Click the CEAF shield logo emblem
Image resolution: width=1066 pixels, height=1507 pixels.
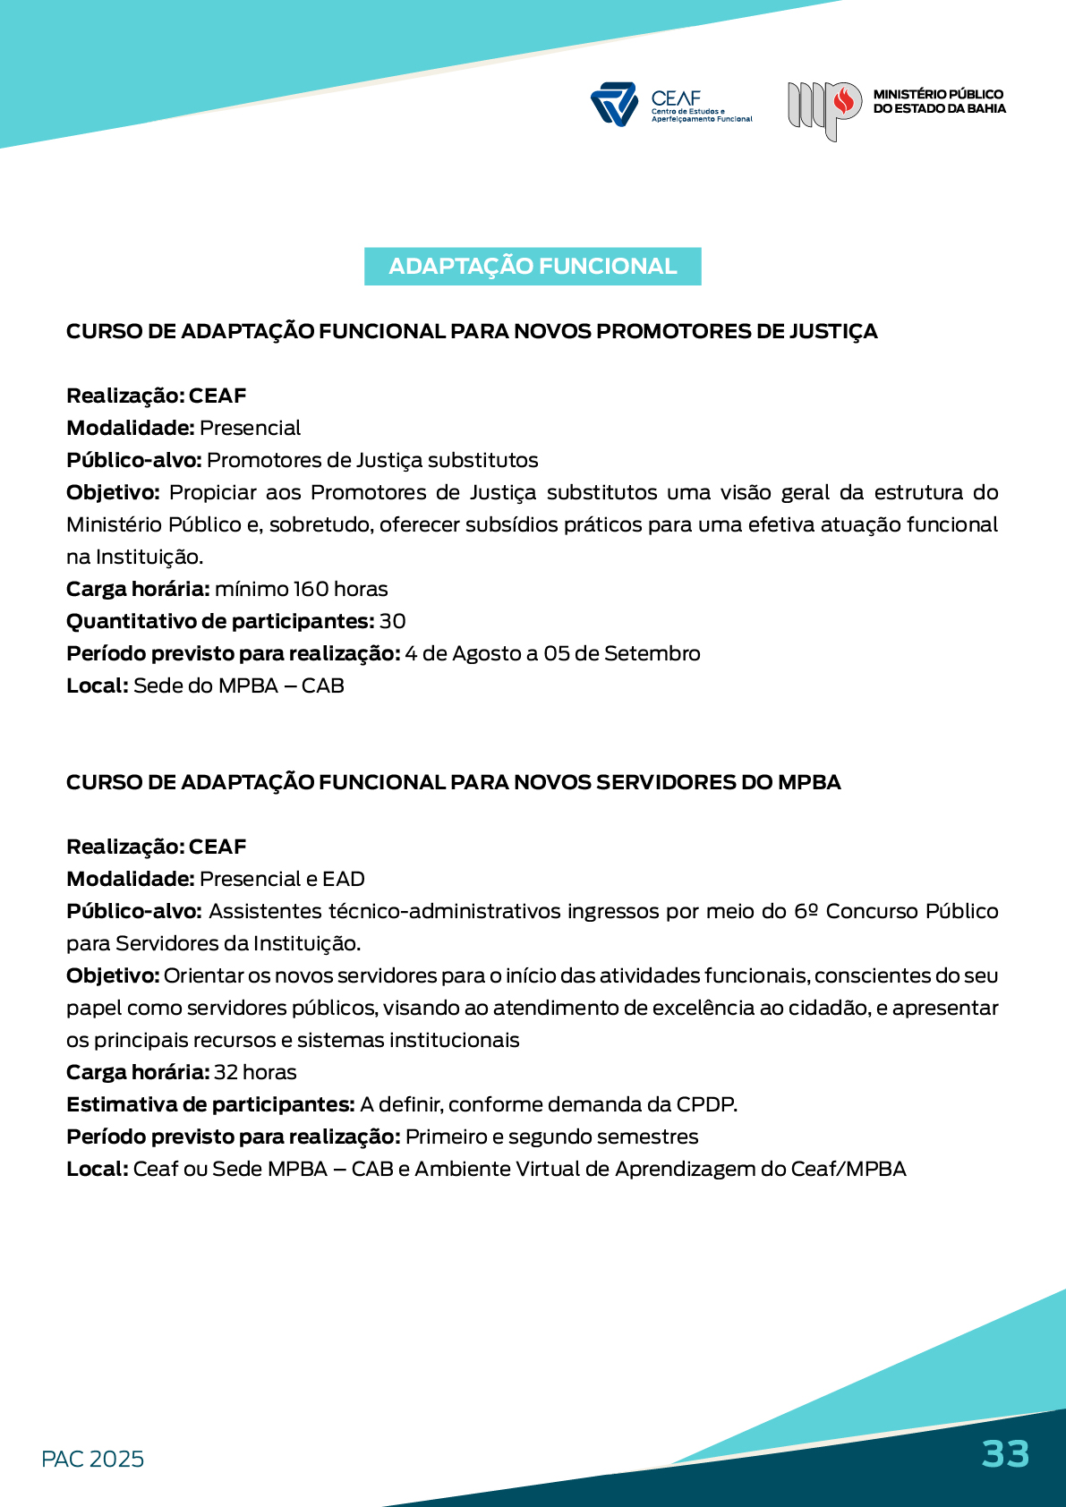[x=614, y=104]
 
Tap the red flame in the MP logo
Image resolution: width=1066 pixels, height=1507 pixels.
[x=843, y=102]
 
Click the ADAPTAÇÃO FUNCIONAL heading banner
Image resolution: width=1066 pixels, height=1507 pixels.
[x=533, y=267]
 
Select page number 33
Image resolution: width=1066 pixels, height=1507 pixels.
[x=1005, y=1454]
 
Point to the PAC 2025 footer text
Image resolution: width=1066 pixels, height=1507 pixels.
[x=92, y=1459]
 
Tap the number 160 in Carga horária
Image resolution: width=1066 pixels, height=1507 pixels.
[x=311, y=589]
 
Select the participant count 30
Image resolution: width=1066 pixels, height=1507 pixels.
[x=392, y=621]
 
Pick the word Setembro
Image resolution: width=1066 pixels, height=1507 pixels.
[x=652, y=654]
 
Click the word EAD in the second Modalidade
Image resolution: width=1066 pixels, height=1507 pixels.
[x=344, y=879]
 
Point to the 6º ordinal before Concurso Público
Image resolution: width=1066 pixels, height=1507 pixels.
[x=806, y=911]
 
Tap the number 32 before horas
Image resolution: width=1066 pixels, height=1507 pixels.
[x=226, y=1072]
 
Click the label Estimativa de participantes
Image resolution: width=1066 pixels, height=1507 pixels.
[x=210, y=1104]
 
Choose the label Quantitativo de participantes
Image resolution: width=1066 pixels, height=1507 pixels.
[x=219, y=621]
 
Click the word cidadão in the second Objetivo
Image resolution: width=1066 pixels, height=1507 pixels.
[x=828, y=1008]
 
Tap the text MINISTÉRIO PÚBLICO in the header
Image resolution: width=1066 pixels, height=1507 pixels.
[x=938, y=94]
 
